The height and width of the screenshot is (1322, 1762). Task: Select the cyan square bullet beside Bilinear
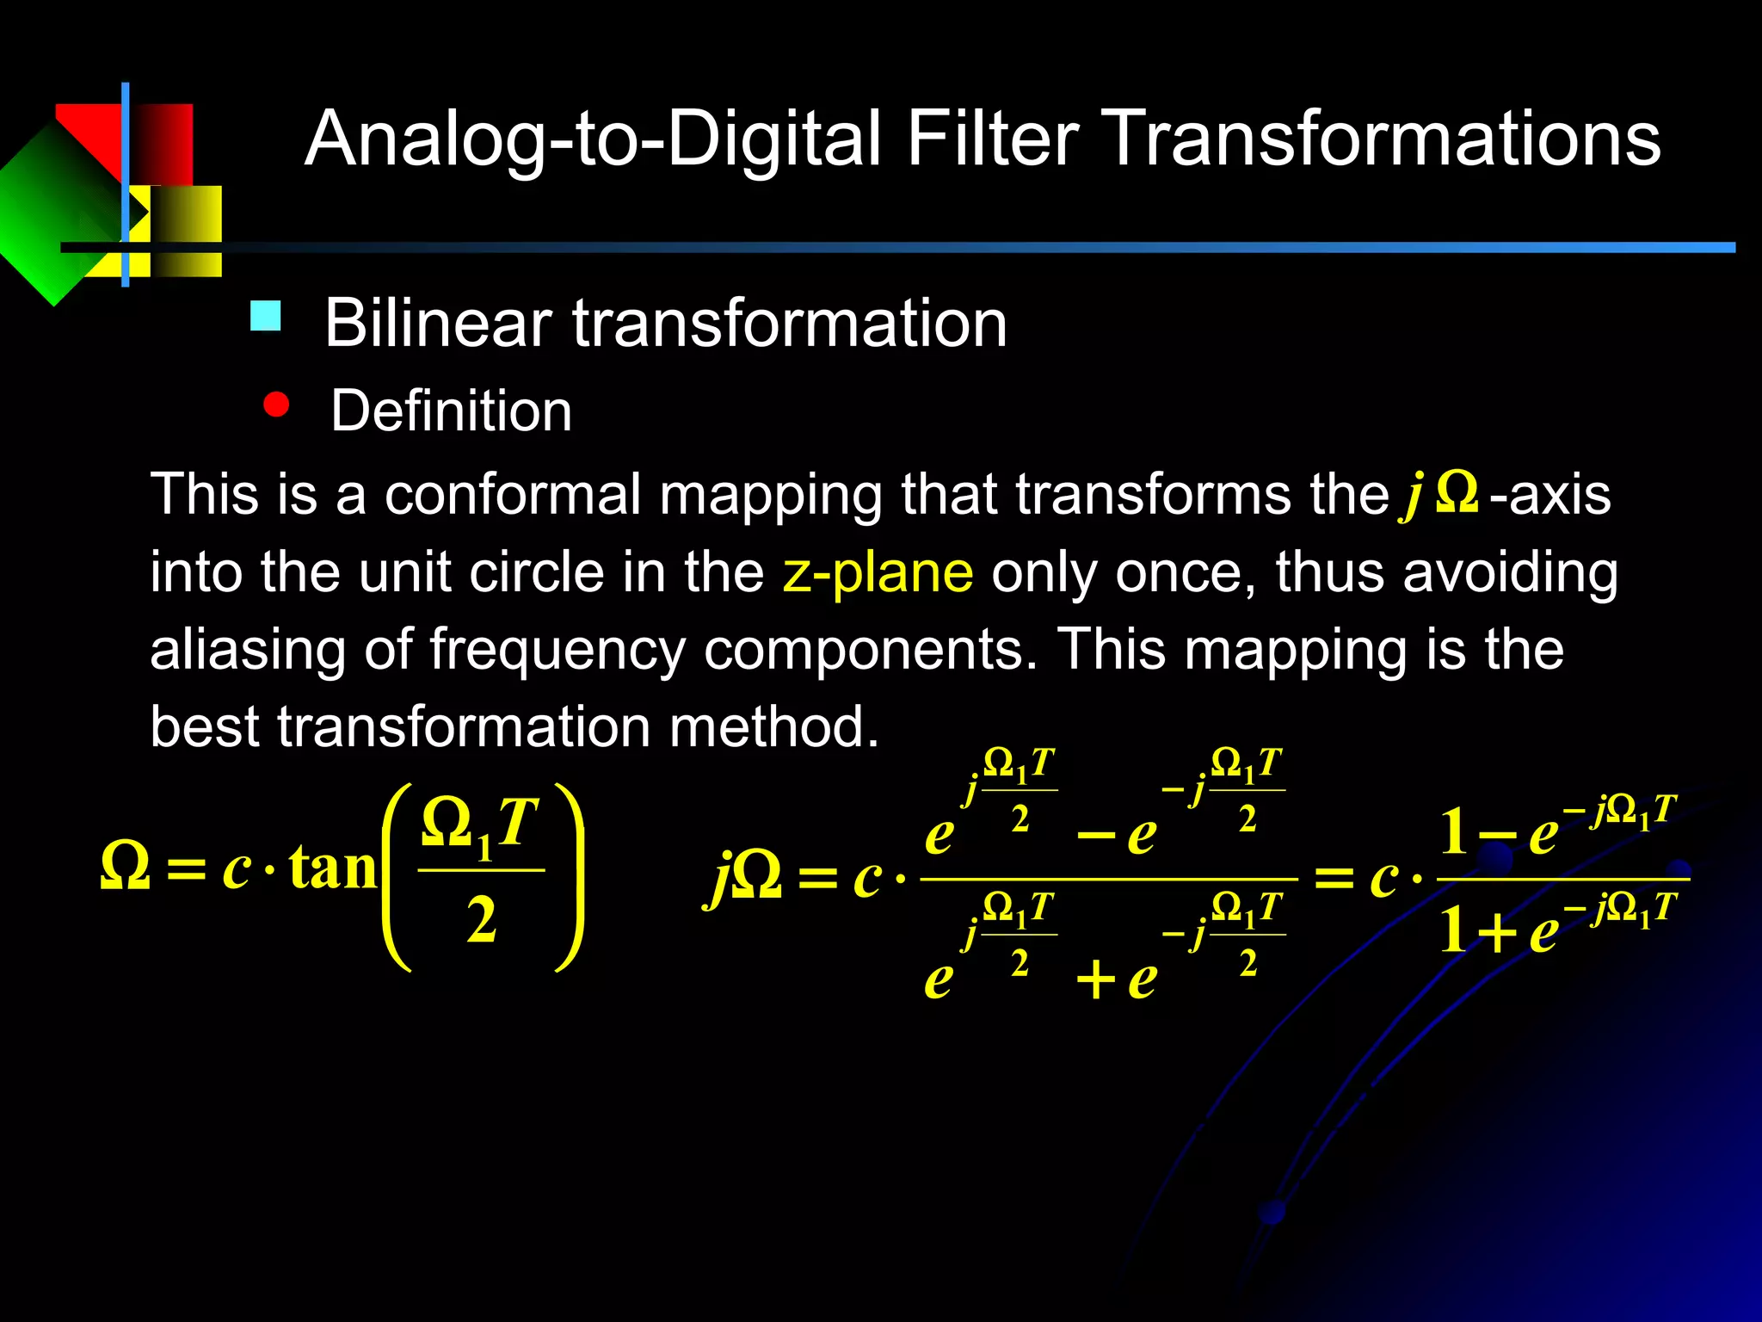tap(265, 316)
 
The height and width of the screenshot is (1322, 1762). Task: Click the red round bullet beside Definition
tap(276, 405)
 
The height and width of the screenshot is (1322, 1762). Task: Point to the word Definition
tap(451, 411)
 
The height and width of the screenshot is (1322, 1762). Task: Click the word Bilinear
tap(438, 324)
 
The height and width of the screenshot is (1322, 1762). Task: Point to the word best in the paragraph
tap(204, 726)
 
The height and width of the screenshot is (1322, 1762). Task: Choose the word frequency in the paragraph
tap(557, 651)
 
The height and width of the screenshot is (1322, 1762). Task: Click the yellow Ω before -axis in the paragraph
tap(1457, 493)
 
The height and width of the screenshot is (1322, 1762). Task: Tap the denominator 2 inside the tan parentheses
tap(481, 920)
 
